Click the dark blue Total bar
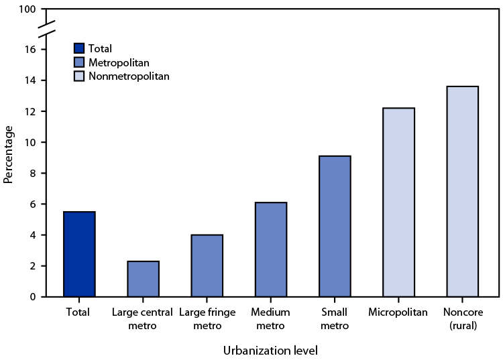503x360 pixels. point(79,254)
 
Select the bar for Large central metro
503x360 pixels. point(143,279)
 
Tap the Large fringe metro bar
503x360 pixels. point(207,265)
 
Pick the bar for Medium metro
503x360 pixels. point(270,249)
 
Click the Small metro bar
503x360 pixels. point(335,226)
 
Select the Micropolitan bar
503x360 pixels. point(398,202)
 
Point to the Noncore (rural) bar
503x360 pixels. point(462,191)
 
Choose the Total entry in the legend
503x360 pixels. point(101,48)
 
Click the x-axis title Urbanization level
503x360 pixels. point(270,349)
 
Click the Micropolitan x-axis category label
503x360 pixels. point(398,312)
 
